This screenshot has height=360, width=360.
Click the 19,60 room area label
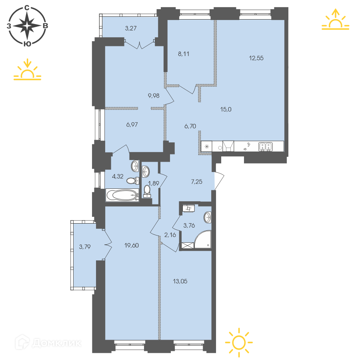point(132,246)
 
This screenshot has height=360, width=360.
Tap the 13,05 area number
point(180,281)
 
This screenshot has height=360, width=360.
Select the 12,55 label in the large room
point(256,58)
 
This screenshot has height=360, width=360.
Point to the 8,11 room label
point(184,54)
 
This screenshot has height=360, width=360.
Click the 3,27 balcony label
point(131,28)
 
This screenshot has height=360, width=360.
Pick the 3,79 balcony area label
point(85,247)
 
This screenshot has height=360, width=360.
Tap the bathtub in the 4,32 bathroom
point(122,195)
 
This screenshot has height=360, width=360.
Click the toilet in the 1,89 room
point(147,192)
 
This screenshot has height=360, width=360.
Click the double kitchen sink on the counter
point(266,147)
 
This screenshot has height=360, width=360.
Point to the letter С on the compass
point(27,8)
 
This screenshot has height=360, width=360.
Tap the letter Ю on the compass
point(27,44)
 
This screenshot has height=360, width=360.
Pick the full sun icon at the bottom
point(239,342)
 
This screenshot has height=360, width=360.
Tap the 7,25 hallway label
point(197,182)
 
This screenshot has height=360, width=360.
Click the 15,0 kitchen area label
point(226,110)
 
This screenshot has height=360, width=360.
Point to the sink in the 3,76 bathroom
point(207,217)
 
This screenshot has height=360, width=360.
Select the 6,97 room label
point(132,125)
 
